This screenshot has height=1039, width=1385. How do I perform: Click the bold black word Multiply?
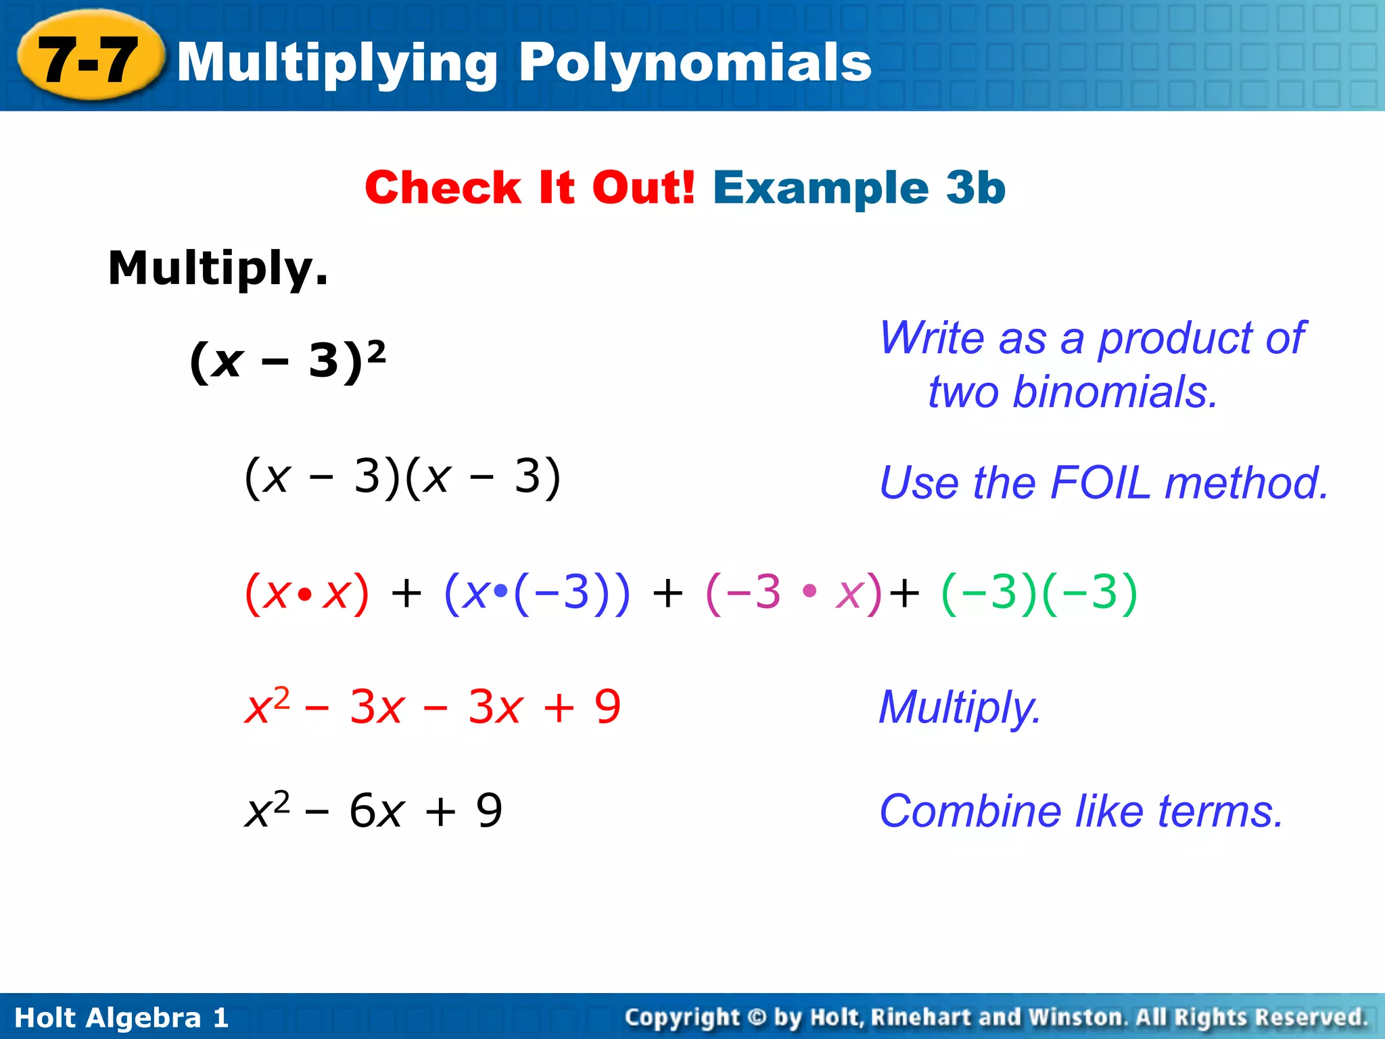(x=218, y=268)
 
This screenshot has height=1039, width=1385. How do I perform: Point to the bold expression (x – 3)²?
(x=287, y=361)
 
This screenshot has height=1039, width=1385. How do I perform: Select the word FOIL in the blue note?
(x=1100, y=483)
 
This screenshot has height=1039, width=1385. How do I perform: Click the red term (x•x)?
(x=307, y=593)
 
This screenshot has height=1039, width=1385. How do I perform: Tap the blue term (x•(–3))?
(x=537, y=593)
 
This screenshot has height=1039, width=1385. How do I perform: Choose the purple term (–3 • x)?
(x=793, y=593)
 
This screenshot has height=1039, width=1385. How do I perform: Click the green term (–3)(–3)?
(x=1039, y=593)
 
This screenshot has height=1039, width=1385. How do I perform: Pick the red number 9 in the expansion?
(x=607, y=708)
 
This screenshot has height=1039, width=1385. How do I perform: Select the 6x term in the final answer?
(x=377, y=810)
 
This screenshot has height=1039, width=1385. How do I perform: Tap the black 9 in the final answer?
(x=489, y=810)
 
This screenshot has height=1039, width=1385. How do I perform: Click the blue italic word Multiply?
(x=960, y=708)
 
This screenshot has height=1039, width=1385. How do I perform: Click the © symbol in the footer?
(x=757, y=1017)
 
